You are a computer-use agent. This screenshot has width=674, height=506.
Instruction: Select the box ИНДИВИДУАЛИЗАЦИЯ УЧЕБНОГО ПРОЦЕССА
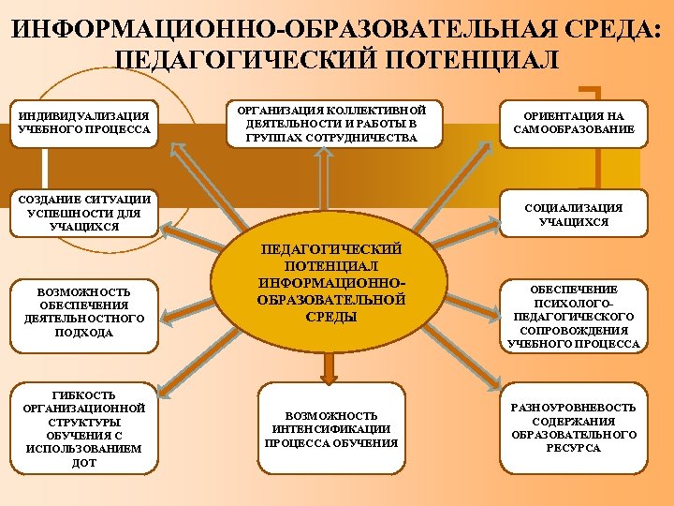84,122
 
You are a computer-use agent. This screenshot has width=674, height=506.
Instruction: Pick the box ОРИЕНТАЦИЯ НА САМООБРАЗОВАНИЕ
574,122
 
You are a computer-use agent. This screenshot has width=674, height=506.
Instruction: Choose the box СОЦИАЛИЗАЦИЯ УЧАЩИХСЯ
574,215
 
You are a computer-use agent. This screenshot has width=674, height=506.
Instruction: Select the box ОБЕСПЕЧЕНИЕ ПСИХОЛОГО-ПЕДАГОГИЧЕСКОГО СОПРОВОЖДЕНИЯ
574,317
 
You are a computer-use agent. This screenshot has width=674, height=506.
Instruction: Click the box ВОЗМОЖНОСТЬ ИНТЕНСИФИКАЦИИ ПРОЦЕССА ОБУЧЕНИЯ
331,428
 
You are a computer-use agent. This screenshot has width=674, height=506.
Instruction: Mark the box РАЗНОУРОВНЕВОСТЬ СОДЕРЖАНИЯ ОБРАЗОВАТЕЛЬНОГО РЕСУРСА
574,427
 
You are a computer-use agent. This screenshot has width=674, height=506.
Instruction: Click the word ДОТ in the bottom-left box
83,463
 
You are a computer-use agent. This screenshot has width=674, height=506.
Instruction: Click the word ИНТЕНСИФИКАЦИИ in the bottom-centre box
331,428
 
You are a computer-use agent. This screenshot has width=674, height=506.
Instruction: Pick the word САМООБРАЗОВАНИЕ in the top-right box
574,129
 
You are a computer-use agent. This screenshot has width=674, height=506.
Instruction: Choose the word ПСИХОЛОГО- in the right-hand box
574,304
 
